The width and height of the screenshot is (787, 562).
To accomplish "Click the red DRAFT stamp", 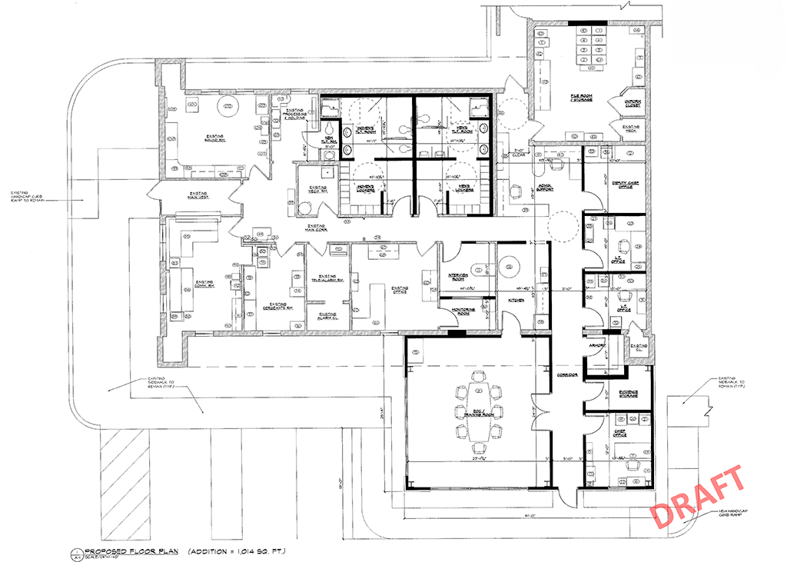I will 699,497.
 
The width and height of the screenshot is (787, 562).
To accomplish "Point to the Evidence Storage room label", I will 629,394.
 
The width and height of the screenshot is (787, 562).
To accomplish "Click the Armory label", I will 598,346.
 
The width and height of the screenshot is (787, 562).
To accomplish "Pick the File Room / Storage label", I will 580,98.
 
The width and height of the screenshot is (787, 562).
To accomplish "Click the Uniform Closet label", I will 628,102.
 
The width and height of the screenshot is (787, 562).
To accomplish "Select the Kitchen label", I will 515,300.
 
